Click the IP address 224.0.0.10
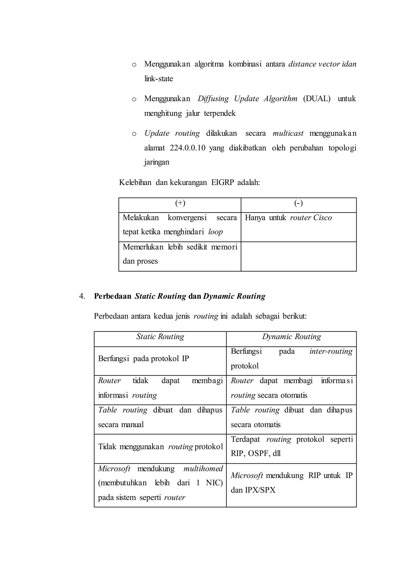tap(187, 148)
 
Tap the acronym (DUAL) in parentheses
tap(317, 99)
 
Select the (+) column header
tap(180, 203)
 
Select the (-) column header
tap(298, 203)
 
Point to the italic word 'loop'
tap(216, 232)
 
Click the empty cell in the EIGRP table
tap(298, 256)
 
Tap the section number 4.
tap(82, 296)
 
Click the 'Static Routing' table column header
tap(160, 336)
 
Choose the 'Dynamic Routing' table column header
tap(291, 336)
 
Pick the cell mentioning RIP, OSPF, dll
tap(291, 446)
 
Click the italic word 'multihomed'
tap(203, 469)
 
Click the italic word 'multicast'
tap(288, 133)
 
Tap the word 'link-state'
tap(159, 79)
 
